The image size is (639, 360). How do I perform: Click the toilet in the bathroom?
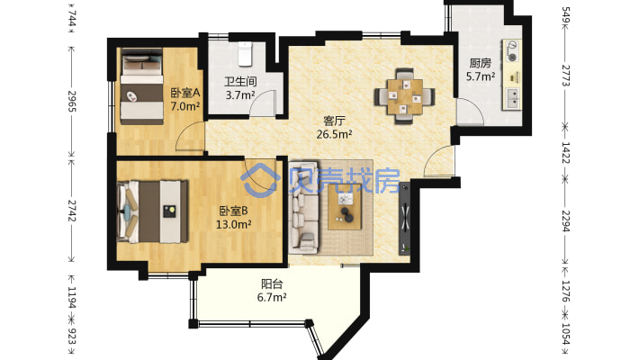pos(245,54)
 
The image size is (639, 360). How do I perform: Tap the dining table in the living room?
pos(405,96)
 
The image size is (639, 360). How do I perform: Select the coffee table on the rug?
pos(345,207)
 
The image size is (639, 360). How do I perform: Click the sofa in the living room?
pos(303,206)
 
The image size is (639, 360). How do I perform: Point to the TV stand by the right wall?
pos(405,219)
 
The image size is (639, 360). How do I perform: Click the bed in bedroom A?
pos(141,86)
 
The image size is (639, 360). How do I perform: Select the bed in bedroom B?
pos(152,211)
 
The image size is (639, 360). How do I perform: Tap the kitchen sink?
pos(512,99)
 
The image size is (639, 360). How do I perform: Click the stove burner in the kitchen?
pos(513,58)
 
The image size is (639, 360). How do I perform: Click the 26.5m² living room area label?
pos(334,134)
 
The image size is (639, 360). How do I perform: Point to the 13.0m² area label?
pos(233,224)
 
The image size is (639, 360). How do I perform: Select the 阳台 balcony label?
pos(272,283)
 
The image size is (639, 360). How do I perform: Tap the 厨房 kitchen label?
pos(480,63)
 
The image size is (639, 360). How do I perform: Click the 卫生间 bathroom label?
pos(240,82)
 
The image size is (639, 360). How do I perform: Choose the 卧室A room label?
pos(185,93)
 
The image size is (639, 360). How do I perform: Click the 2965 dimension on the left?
pos(72,101)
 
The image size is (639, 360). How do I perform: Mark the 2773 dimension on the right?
pos(565,76)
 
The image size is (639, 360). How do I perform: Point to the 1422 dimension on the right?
pos(565,152)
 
